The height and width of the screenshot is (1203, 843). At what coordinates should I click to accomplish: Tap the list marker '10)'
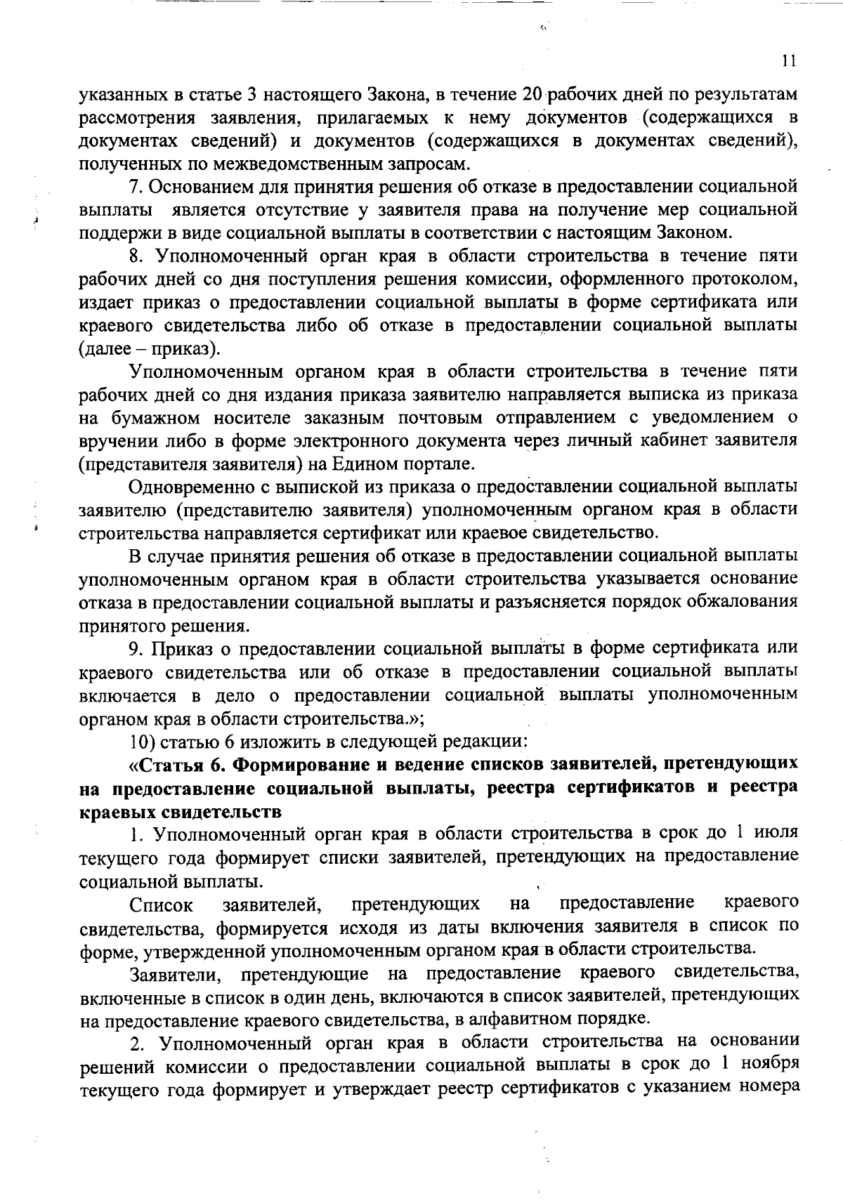click(x=145, y=741)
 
